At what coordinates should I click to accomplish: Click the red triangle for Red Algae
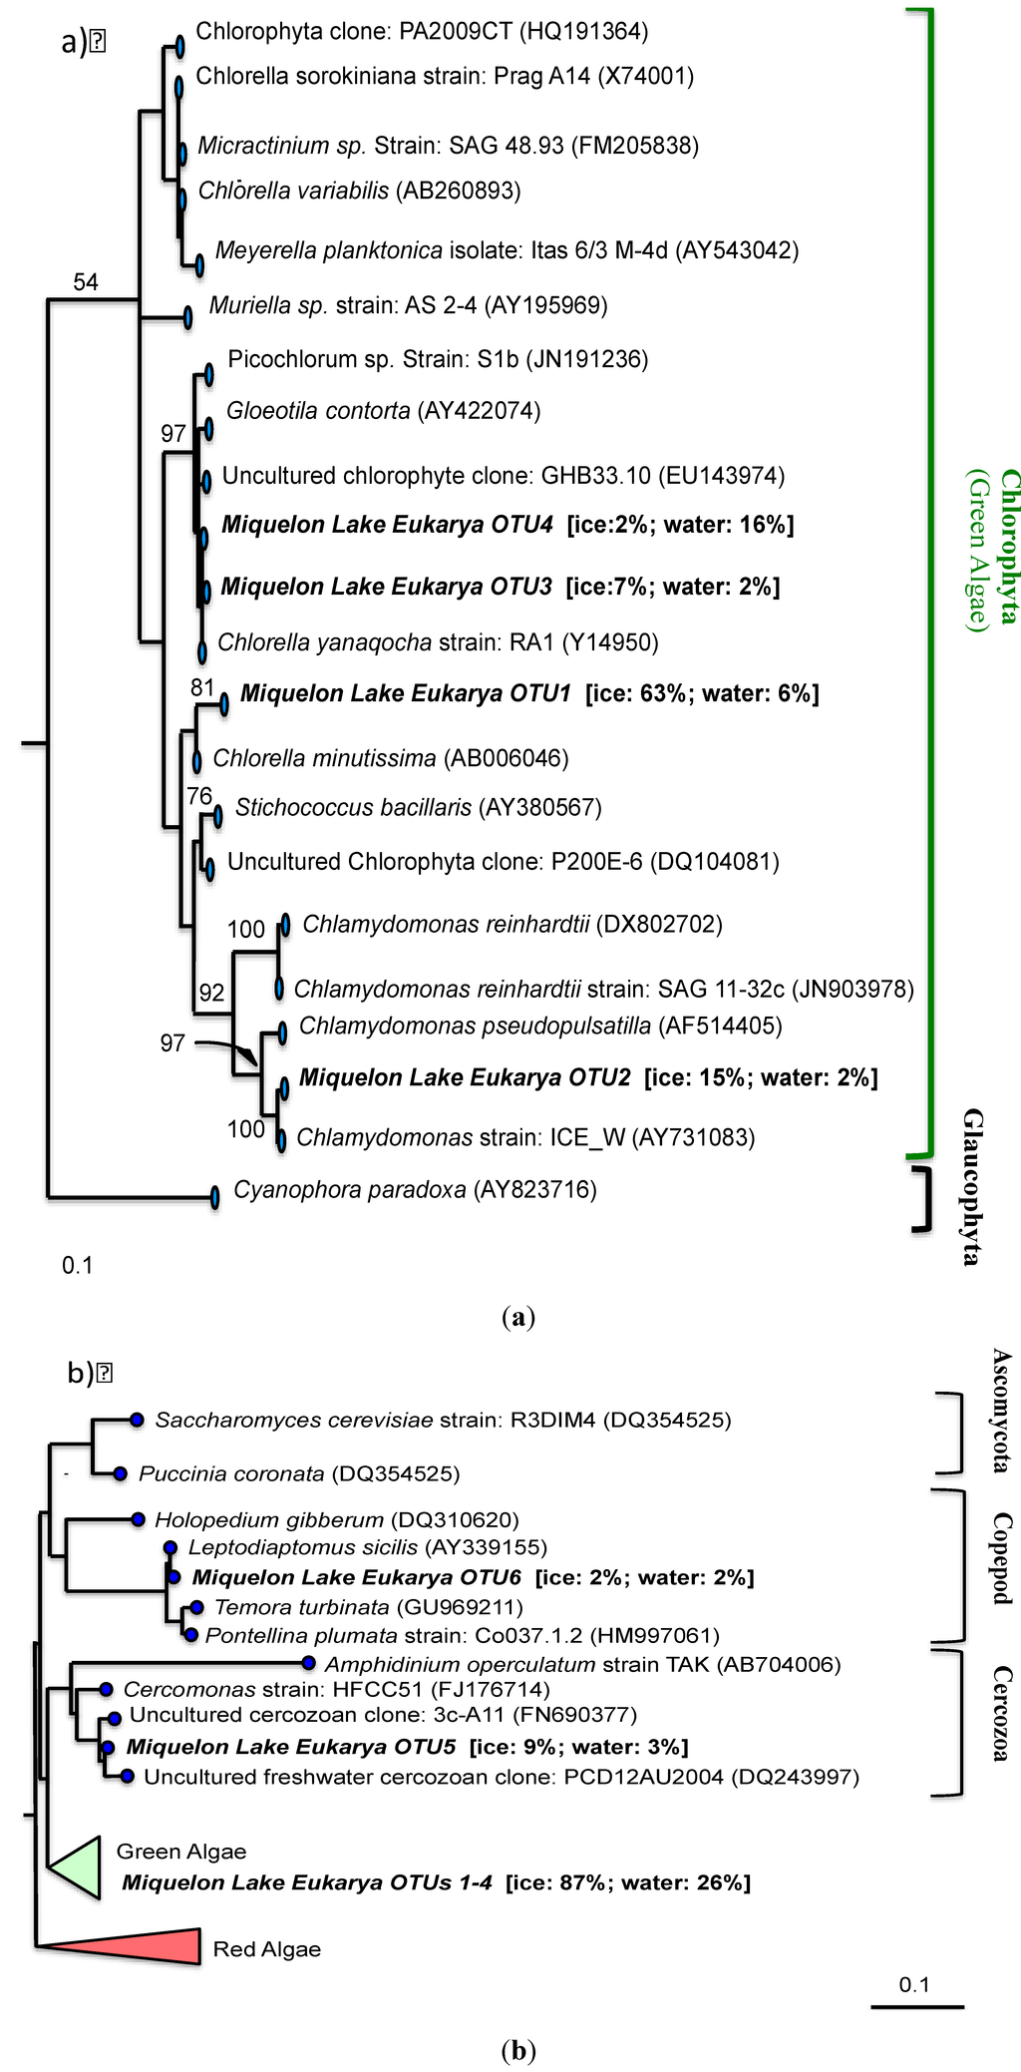coord(150,1946)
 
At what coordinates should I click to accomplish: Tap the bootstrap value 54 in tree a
coord(86,282)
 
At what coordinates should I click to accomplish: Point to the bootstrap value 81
coord(202,686)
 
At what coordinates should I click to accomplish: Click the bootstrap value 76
coord(199,795)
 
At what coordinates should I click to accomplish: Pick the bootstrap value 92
coord(211,992)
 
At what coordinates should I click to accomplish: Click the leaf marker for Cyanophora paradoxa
coord(215,1197)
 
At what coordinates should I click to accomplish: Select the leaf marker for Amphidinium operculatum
coord(308,1663)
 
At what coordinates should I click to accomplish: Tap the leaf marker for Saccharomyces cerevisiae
coord(137,1419)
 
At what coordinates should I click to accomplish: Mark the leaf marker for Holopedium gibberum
coord(138,1519)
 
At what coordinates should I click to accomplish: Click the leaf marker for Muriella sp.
coord(187,317)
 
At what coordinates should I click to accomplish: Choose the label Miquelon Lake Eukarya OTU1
coord(406,693)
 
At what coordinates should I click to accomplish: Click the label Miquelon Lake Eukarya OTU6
coord(357,1577)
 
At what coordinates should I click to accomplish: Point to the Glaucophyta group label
coord(972,1186)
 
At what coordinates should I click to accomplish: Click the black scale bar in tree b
coord(916,2005)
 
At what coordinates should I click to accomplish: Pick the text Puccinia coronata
coord(231,1473)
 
